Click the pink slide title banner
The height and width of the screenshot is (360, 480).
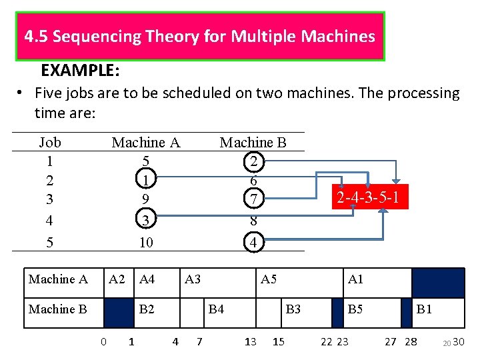200,36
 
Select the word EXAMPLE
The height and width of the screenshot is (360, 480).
80,70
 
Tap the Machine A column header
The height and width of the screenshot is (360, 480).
146,142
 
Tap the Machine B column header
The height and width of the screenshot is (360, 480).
253,142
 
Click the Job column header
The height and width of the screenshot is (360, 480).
50,142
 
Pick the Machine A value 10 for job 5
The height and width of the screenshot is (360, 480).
146,243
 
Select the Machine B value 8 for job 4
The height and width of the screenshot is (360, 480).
253,221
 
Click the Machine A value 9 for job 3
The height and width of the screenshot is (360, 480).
146,199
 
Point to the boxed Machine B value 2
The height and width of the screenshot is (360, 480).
253,161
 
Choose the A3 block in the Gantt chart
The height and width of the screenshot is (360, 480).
193,279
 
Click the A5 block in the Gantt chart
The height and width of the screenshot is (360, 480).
269,279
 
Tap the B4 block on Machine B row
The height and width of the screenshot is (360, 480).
216,309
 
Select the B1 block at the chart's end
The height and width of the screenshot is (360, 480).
425,309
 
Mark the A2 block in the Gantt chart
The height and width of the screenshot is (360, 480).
117,279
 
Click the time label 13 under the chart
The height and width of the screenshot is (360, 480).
250,342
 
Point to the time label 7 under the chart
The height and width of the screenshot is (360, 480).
199,342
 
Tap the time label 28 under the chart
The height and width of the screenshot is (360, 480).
411,342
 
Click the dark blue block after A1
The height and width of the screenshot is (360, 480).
437,282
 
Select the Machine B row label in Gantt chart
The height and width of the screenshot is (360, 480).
58,309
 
